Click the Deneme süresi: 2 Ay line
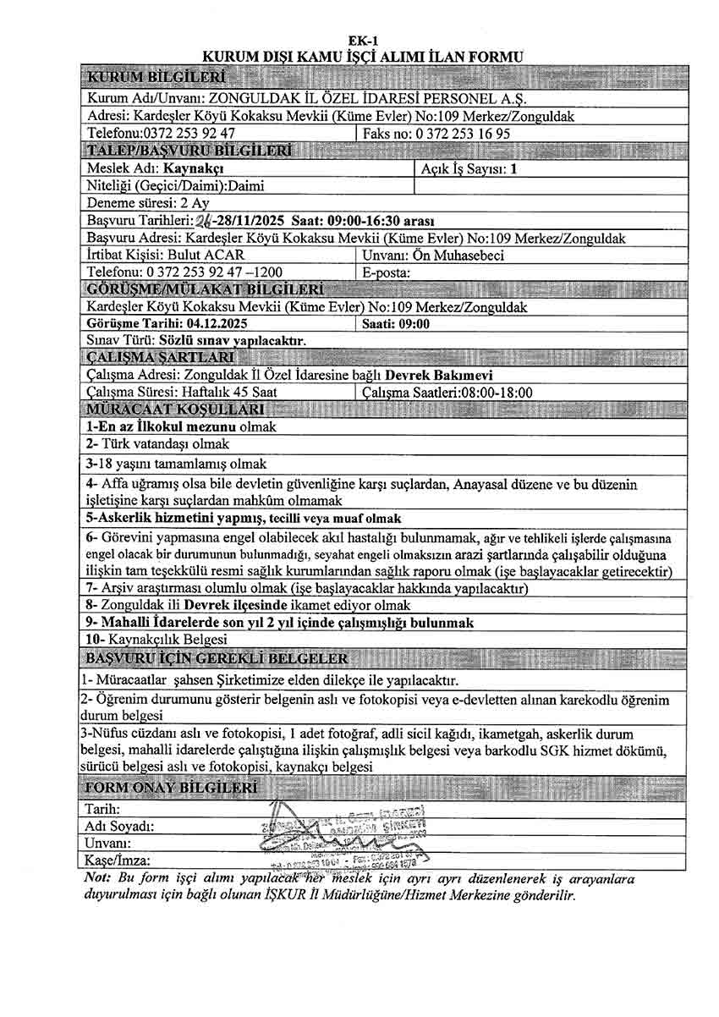[148, 203]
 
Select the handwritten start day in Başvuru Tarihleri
[203, 221]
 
